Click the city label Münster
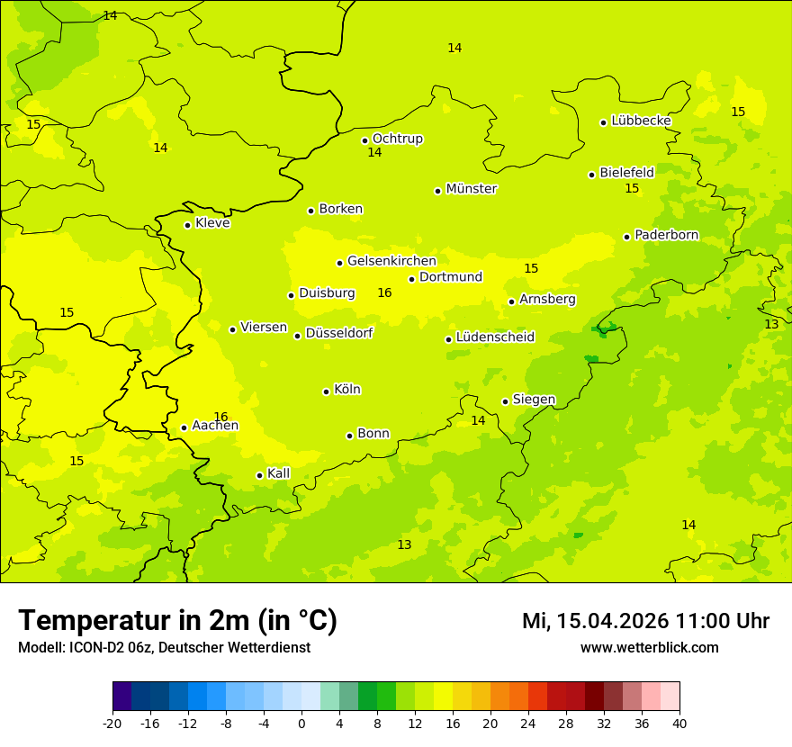point(471,189)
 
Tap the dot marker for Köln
point(327,391)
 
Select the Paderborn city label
point(666,235)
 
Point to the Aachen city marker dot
point(184,427)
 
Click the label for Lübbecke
point(641,121)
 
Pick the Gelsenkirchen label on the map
point(391,261)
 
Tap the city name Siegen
point(534,400)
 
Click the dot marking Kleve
point(188,225)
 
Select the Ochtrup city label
point(397,139)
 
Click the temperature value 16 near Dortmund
point(384,293)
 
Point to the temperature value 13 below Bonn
point(404,544)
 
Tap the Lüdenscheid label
point(495,337)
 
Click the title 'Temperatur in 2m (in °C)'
point(177,620)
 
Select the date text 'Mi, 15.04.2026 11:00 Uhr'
point(645,621)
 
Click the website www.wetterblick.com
point(649,647)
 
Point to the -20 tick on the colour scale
point(112,723)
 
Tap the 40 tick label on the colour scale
point(679,723)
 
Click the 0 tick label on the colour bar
point(301,723)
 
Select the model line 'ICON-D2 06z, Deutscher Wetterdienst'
point(164,647)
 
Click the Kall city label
point(278,473)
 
